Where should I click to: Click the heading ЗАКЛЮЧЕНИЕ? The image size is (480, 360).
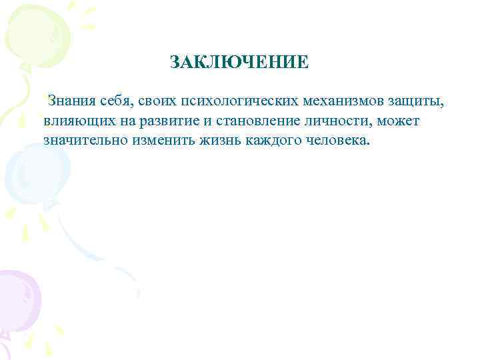click(239, 63)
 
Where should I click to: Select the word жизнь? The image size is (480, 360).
click(223, 141)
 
